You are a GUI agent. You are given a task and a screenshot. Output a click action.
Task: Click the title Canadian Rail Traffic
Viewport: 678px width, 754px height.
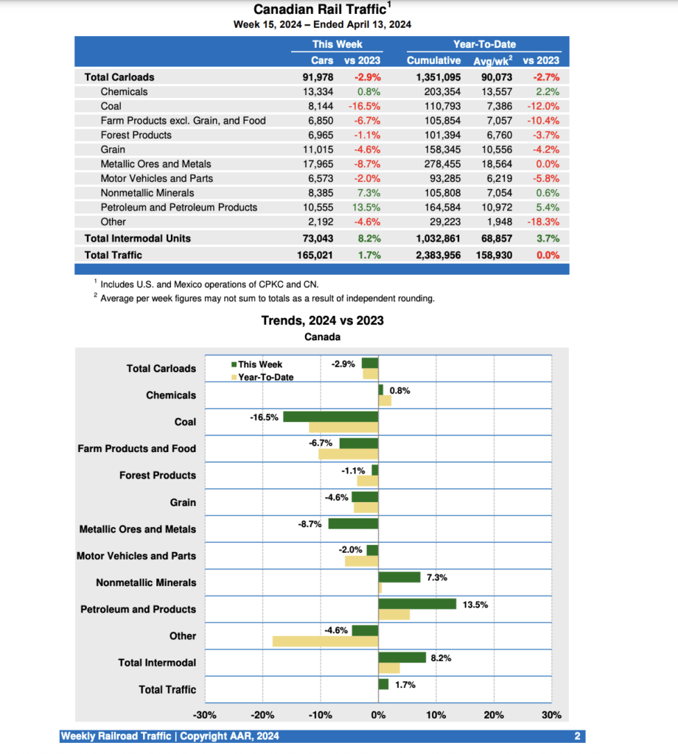click(x=320, y=10)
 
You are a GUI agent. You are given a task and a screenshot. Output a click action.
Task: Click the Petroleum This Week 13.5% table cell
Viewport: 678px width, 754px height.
click(x=366, y=207)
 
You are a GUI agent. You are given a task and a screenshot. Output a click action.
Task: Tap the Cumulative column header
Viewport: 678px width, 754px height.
click(x=433, y=60)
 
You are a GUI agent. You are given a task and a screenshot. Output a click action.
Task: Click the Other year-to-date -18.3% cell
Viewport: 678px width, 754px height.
click(x=543, y=222)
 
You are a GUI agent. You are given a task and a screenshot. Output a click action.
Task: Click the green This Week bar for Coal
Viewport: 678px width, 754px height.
click(x=330, y=417)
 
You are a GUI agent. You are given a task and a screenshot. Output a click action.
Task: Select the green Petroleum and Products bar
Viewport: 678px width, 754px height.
click(x=417, y=604)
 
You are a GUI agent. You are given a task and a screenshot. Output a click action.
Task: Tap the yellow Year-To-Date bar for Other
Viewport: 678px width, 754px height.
click(x=325, y=641)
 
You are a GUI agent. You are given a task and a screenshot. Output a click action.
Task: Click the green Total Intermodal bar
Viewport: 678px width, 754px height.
click(x=402, y=658)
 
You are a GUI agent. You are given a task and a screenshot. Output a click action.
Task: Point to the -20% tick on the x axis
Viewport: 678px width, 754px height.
click(x=262, y=715)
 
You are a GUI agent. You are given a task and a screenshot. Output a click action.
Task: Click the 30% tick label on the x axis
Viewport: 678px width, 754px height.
click(x=551, y=715)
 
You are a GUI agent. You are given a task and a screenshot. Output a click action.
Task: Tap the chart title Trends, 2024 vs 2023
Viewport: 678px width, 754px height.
click(x=322, y=320)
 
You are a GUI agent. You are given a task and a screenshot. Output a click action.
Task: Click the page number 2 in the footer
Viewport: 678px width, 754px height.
click(x=578, y=736)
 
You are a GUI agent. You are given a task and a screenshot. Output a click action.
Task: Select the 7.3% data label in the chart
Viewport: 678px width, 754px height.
click(x=437, y=578)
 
